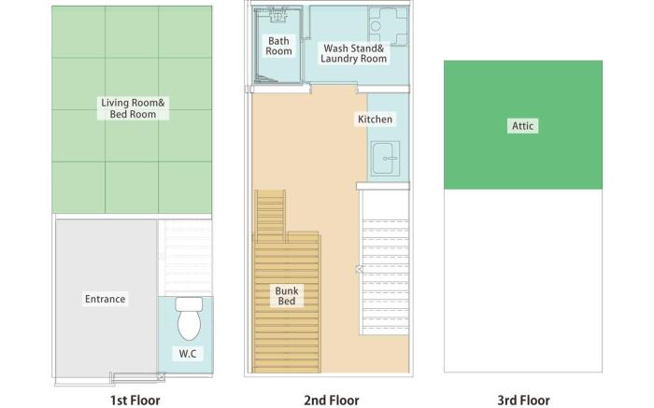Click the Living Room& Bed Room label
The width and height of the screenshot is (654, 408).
tap(133, 108)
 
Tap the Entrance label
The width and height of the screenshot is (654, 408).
tap(105, 299)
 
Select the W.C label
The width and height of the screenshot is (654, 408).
tap(187, 354)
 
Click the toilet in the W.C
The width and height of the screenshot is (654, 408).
tap(189, 318)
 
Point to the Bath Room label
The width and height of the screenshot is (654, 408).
tap(278, 47)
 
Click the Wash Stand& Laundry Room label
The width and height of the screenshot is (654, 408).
tap(354, 54)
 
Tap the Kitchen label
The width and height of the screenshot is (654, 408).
tap(375, 120)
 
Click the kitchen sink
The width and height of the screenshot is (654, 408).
tap(385, 159)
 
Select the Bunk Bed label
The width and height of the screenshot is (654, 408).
tap(287, 296)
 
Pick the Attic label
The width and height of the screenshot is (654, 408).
tap(522, 126)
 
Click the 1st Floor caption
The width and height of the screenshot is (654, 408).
tap(135, 401)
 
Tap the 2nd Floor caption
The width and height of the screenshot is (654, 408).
tap(332, 401)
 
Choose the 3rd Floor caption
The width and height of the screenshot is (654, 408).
tap(523, 401)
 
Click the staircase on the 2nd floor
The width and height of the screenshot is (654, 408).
tap(385, 276)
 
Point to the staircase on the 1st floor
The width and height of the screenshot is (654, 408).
tap(186, 258)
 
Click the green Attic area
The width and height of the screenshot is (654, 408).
tap(523, 124)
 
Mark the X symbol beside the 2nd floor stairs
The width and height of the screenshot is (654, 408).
tap(359, 270)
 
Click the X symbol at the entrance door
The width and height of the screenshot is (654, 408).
tap(162, 377)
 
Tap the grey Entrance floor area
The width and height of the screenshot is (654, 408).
tap(107, 299)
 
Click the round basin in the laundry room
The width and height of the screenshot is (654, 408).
tap(376, 26)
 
